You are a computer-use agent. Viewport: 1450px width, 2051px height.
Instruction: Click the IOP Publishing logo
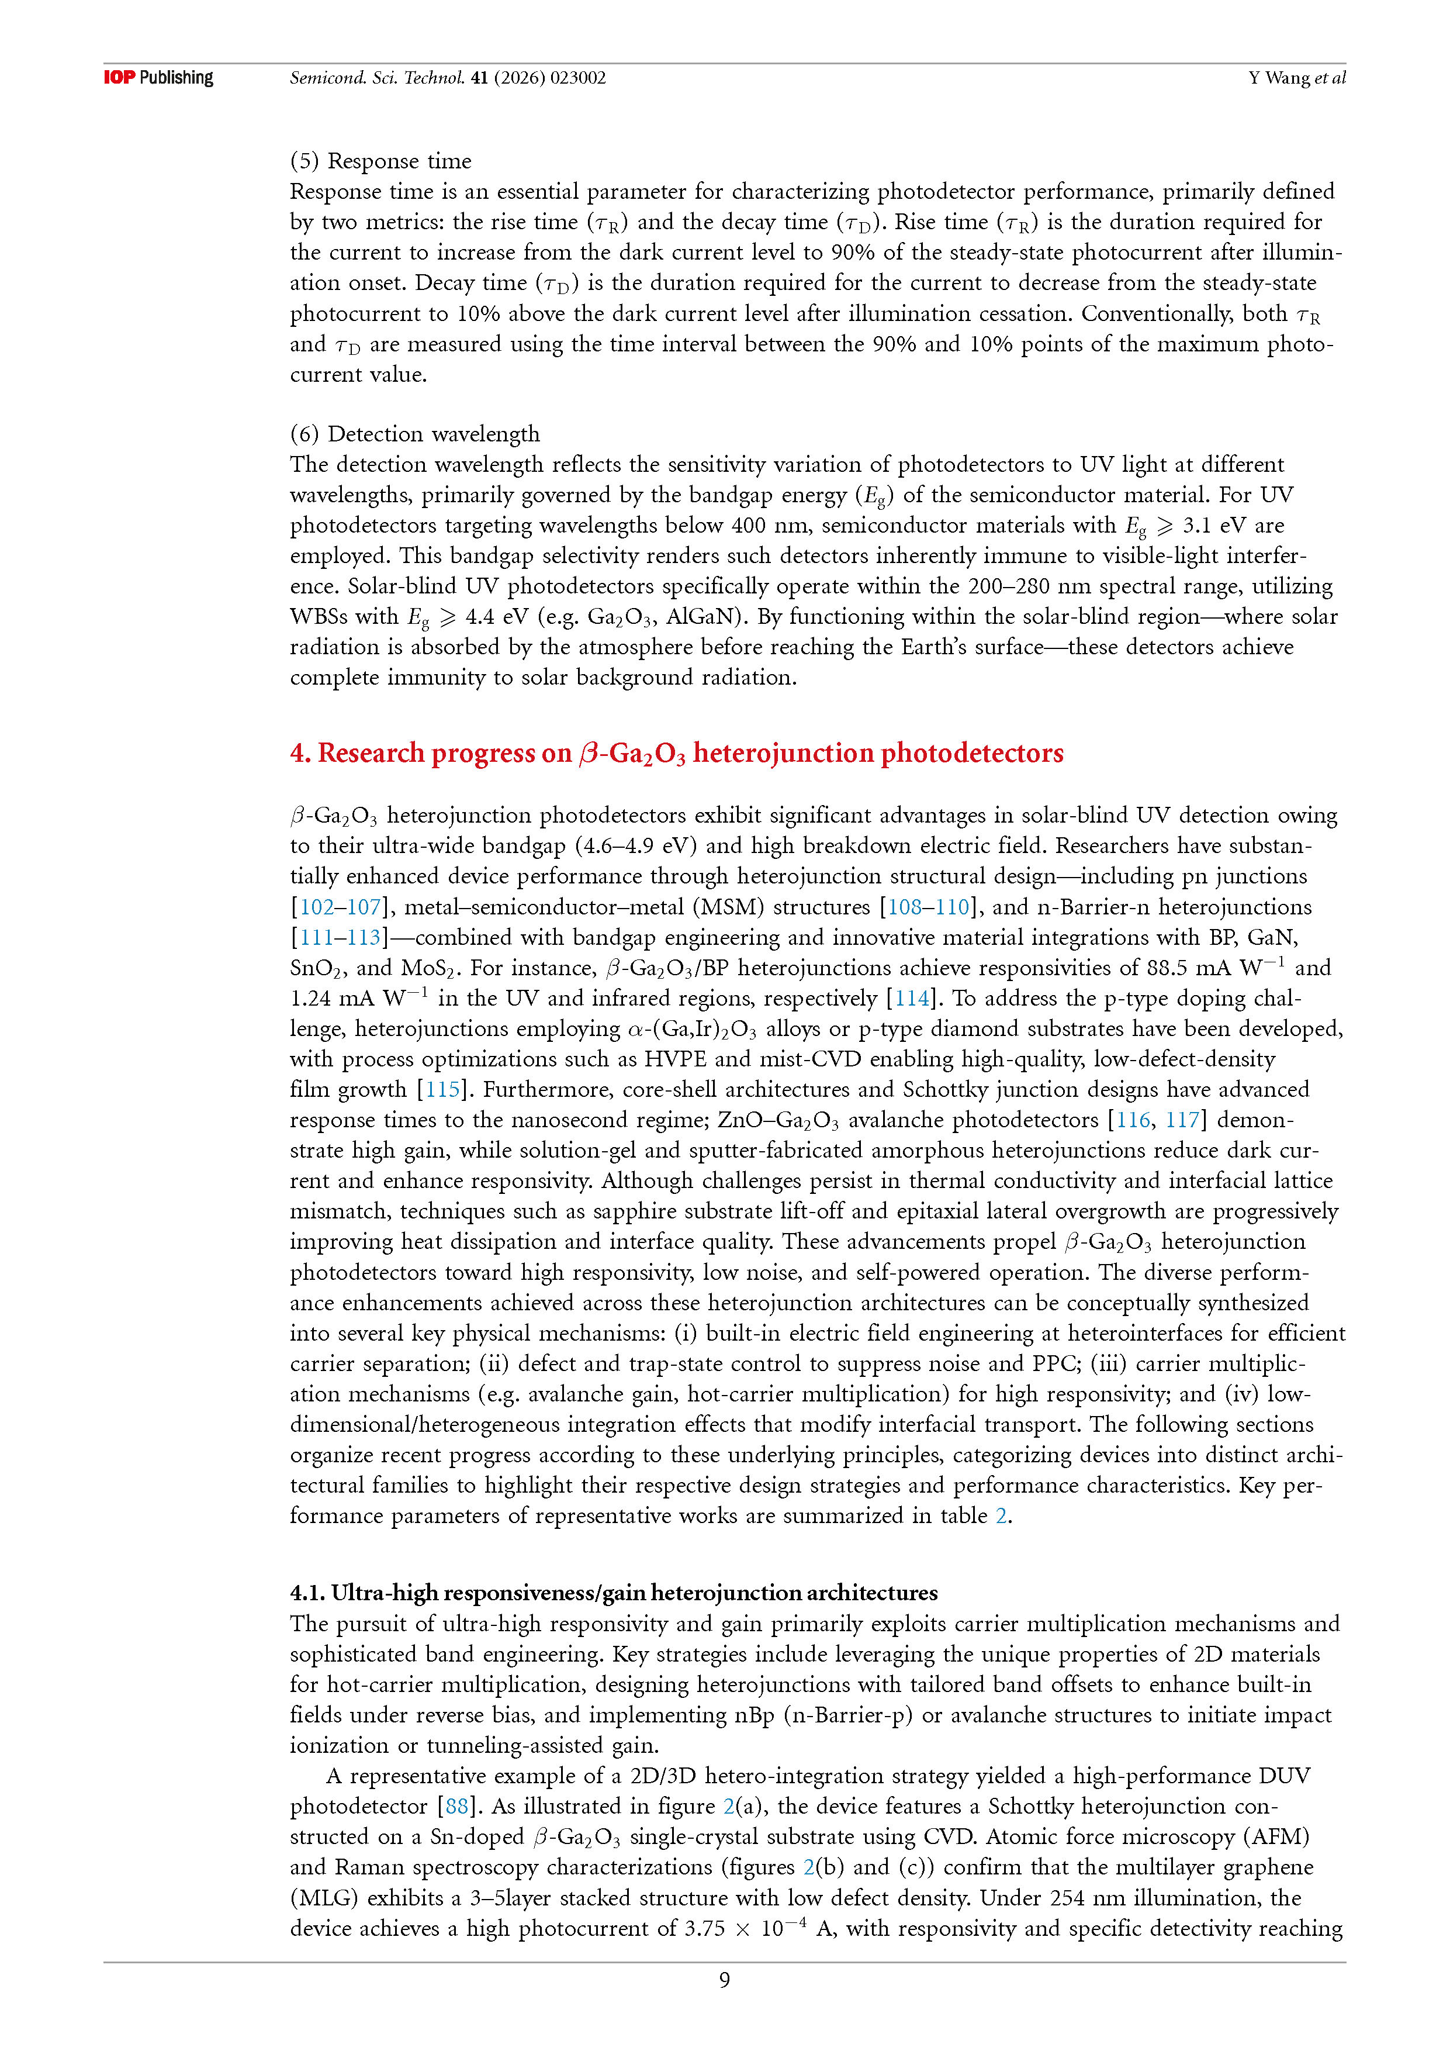pos(158,78)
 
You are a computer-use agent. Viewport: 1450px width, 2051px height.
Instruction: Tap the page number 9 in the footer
pos(724,1980)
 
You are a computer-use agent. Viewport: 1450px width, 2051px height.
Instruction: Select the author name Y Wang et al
pos(1296,78)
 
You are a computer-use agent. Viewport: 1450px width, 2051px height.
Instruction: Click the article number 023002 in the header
pos(577,78)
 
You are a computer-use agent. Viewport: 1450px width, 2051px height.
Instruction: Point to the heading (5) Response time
pos(380,161)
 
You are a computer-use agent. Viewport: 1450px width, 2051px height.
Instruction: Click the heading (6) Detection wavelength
pos(414,434)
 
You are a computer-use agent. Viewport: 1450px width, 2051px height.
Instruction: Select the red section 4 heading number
pos(300,753)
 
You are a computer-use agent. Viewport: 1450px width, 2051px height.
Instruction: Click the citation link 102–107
pos(340,907)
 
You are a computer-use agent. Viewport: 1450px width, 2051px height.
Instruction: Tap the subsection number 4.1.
pos(307,1593)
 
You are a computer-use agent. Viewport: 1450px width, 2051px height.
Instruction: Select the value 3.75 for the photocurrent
pos(704,1929)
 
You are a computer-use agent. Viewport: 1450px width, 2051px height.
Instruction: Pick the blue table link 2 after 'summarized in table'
pos(1001,1516)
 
